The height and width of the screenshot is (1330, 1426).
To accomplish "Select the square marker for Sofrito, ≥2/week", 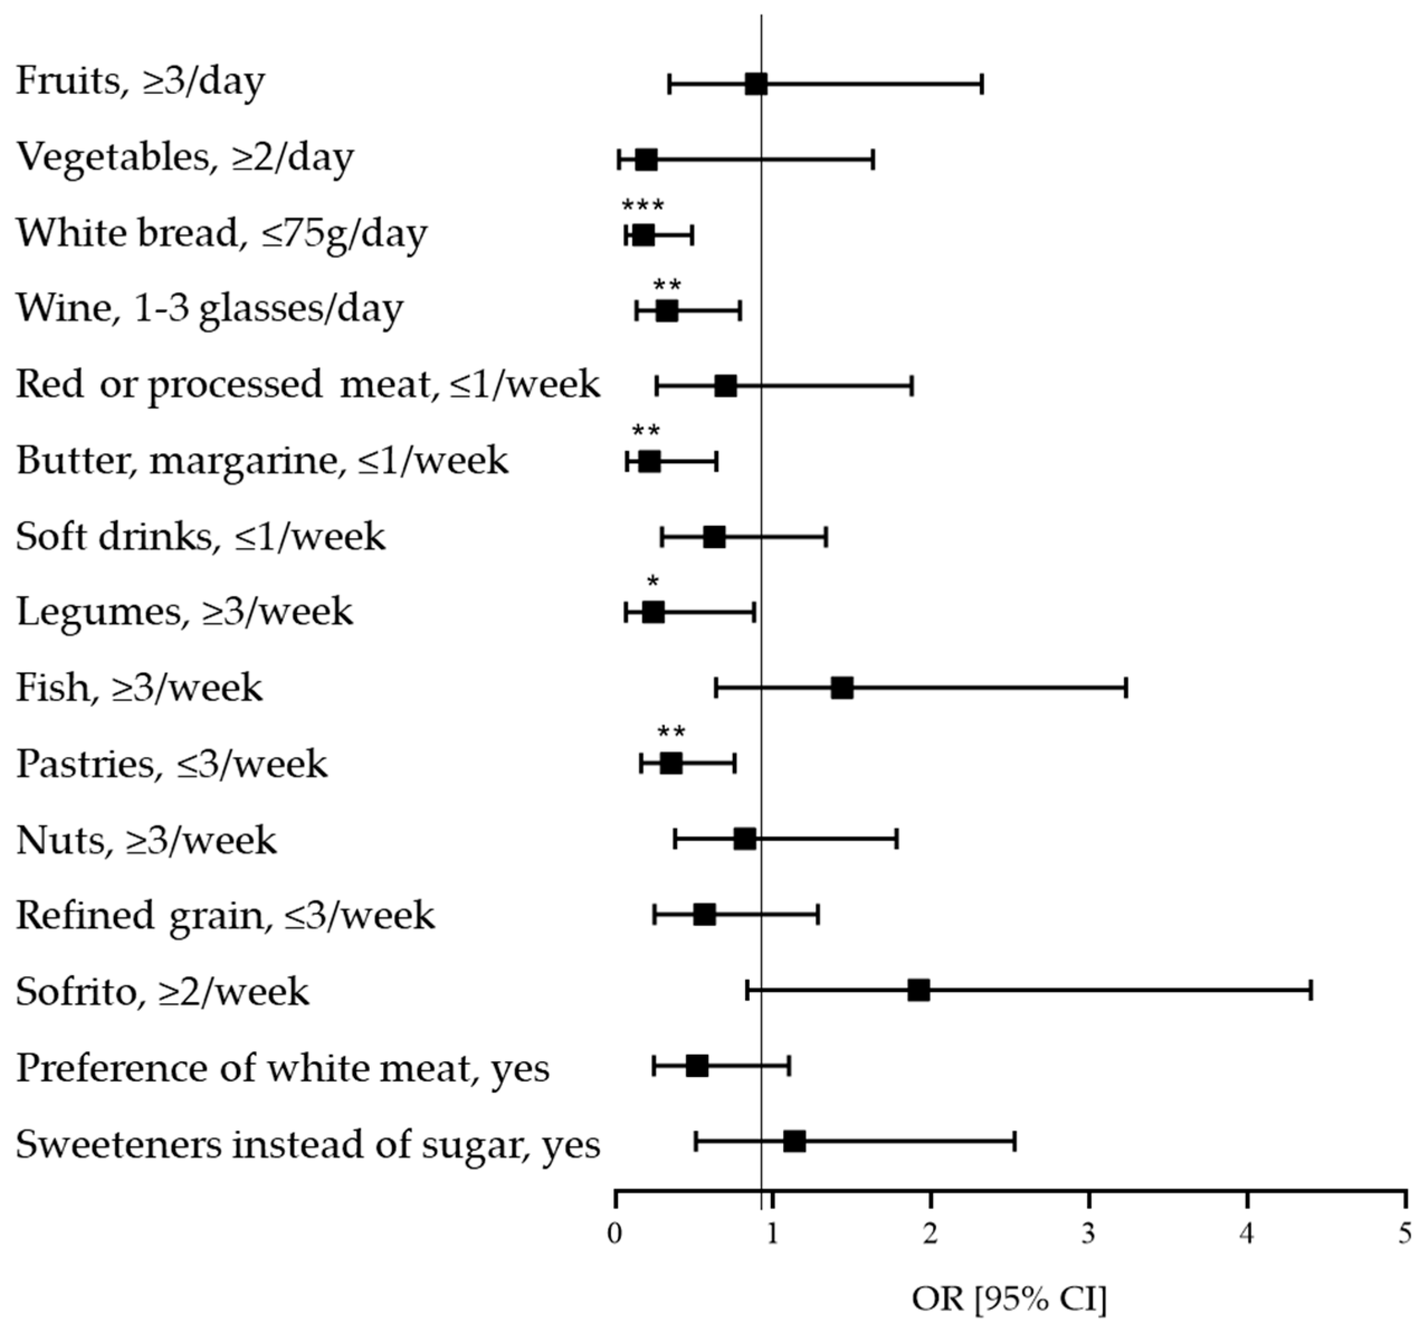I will (918, 990).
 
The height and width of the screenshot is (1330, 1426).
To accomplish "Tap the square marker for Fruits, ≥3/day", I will (756, 84).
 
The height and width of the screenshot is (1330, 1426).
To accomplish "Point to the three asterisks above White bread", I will (643, 207).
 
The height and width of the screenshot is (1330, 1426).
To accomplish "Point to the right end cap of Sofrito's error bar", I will (1310, 990).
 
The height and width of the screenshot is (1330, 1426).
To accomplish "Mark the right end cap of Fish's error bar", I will (1125, 687).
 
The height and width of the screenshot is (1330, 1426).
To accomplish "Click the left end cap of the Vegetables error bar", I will (619, 159).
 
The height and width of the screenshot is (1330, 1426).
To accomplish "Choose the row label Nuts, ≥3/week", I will (146, 840).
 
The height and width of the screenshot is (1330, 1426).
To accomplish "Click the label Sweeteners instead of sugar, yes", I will (308, 1143).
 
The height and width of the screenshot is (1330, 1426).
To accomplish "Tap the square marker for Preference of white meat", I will (697, 1066).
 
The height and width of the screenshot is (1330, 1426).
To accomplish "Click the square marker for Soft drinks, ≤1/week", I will (714, 537).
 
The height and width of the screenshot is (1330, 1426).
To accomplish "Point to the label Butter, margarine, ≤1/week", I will (262, 460).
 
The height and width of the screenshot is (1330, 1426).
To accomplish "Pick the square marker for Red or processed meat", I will (725, 386).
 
